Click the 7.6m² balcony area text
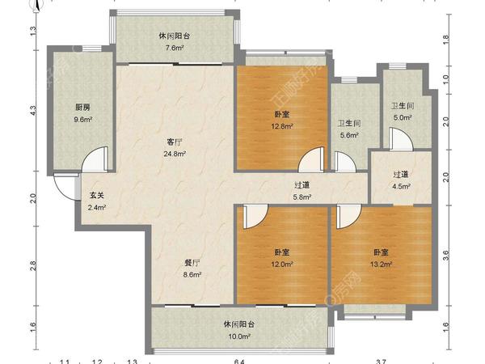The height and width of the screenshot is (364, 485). pos(175,49)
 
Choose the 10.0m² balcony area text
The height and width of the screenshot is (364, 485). pos(239,336)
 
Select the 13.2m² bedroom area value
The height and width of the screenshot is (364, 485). pos(382,263)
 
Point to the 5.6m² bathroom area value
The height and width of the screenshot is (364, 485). pos(348,135)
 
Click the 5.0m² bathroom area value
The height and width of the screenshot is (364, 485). pos(403,117)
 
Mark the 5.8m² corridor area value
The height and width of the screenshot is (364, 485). pos(301,196)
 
